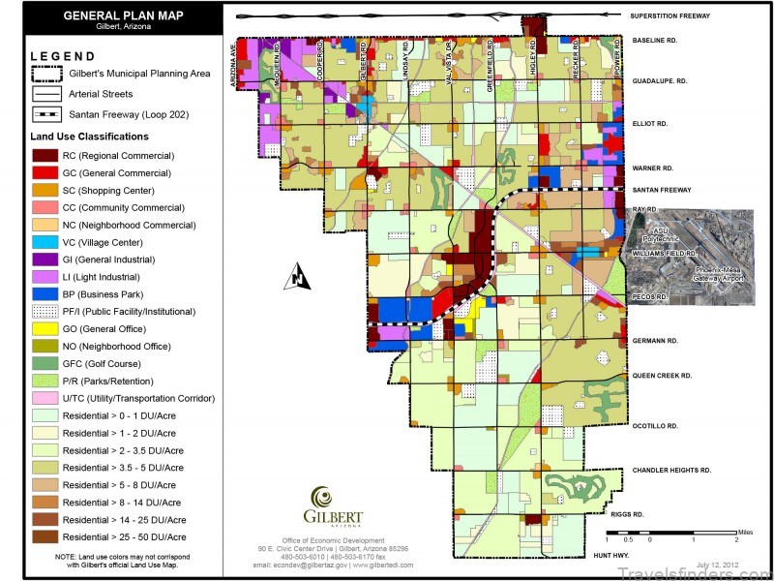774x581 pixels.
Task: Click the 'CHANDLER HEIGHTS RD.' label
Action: tap(671, 471)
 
